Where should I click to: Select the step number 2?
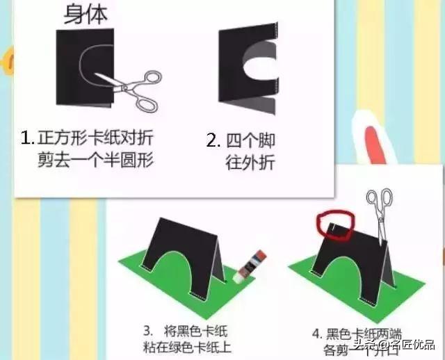click(213, 140)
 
